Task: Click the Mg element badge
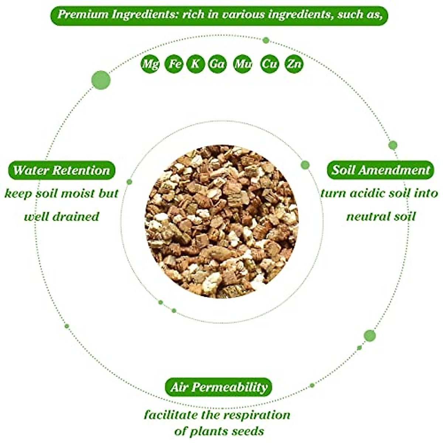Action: [x=150, y=64]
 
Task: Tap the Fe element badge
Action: [x=174, y=64]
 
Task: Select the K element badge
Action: [x=195, y=64]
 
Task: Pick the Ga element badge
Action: [x=217, y=64]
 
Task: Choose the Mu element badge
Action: [x=243, y=64]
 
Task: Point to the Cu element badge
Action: [x=269, y=64]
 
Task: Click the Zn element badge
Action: [x=294, y=64]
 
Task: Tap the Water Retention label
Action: [x=62, y=170]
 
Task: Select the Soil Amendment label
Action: [x=381, y=170]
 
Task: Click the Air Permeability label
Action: [x=219, y=387]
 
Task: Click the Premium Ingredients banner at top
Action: [x=219, y=15]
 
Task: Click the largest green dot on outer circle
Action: [x=101, y=80]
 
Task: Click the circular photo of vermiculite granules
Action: [x=221, y=221]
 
